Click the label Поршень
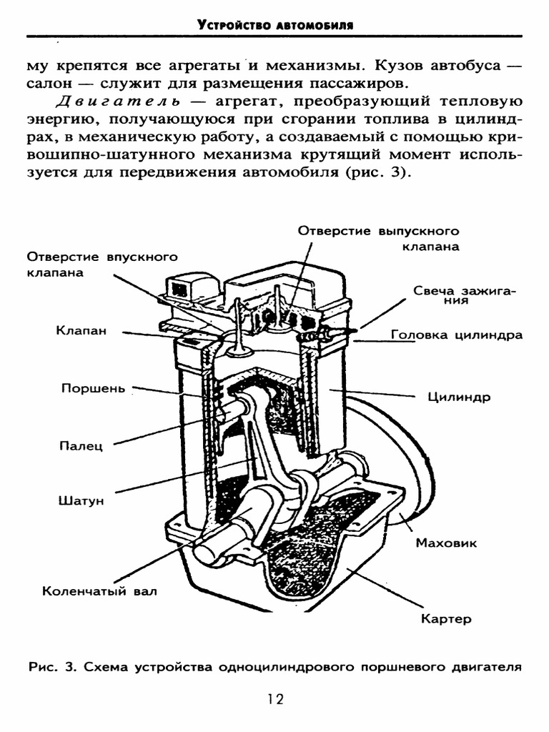(93, 389)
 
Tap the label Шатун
(81, 500)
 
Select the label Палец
(81, 446)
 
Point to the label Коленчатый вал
(99, 591)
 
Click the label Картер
(446, 619)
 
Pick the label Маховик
(446, 543)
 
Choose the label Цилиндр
(459, 397)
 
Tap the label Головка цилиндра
(457, 335)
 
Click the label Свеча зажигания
(465, 295)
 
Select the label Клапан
(81, 330)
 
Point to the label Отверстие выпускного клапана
(379, 239)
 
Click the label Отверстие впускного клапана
(102, 264)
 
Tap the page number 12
(275, 699)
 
